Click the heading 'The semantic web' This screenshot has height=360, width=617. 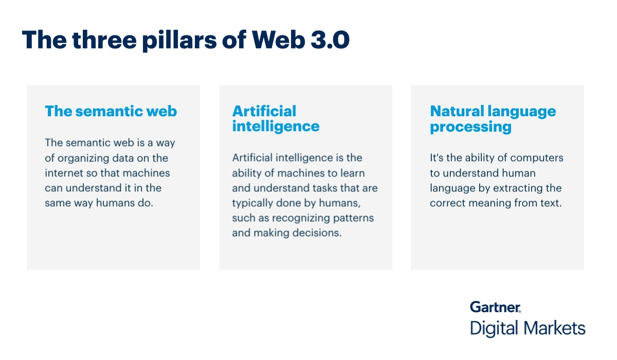point(111,111)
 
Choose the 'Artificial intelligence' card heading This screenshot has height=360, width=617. point(276,118)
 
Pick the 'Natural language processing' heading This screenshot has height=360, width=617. point(493,118)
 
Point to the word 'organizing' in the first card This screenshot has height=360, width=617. point(83,158)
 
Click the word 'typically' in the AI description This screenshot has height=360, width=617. point(252,203)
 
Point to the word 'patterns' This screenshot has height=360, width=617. point(354,218)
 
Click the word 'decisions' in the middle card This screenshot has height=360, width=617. point(317,233)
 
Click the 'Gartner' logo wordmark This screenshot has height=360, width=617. point(495,308)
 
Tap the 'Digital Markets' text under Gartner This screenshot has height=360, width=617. point(528,328)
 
